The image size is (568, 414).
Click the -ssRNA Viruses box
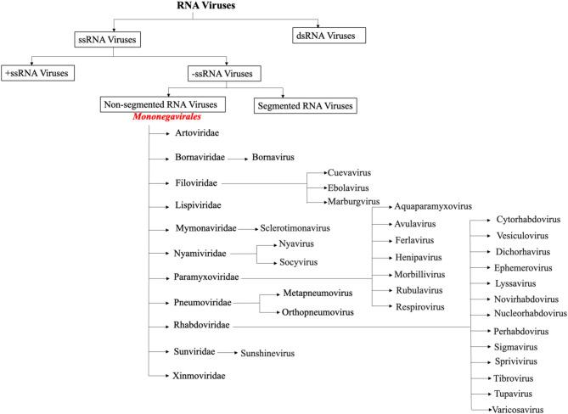[x=228, y=73]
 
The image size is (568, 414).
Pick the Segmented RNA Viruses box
[x=305, y=106]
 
